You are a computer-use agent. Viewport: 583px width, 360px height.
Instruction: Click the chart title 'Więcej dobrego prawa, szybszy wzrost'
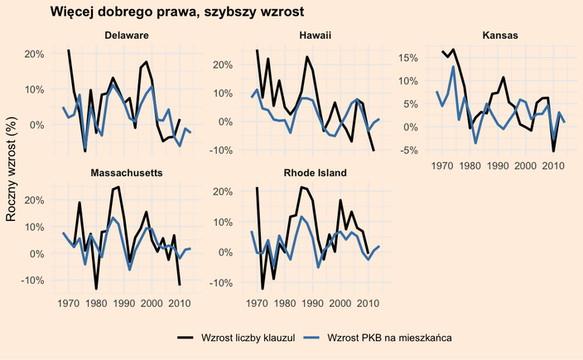tap(176, 12)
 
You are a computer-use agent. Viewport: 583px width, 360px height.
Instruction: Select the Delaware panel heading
tap(126, 36)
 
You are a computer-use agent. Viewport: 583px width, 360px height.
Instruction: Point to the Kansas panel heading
tap(500, 36)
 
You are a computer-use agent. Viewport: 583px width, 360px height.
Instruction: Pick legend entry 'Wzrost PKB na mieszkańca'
tap(389, 338)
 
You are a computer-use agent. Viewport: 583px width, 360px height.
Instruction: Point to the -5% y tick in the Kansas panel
tap(415, 151)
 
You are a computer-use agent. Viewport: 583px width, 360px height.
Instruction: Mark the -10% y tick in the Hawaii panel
tap(221, 151)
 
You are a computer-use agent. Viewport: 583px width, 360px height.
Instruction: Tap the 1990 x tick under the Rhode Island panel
tap(312, 304)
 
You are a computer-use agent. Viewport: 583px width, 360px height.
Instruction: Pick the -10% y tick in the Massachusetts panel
tap(32, 281)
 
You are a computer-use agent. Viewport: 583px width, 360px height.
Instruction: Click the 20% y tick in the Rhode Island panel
tap(223, 191)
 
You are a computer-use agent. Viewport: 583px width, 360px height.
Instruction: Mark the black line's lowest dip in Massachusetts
tap(96, 289)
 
